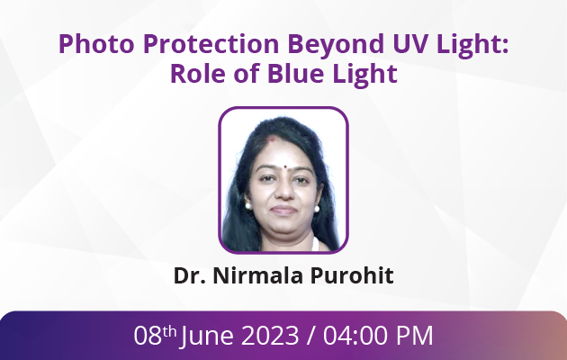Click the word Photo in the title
point(96,44)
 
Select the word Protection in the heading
point(211,44)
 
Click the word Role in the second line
point(197,74)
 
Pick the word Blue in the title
point(295,74)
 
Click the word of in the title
point(247,74)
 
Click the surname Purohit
point(352,275)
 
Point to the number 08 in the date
point(148,335)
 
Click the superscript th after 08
point(169,331)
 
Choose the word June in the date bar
point(207,337)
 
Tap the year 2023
point(270,335)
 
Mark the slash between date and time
point(310,336)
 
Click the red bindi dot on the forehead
point(285,167)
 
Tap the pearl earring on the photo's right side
point(317,209)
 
